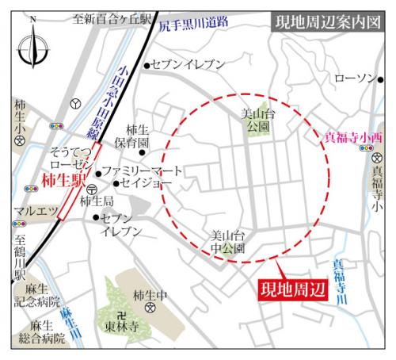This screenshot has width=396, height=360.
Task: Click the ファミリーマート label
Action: tap(143, 170)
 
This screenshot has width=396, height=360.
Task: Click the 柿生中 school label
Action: tap(151, 296)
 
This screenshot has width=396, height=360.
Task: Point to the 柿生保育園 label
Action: tap(138, 136)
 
